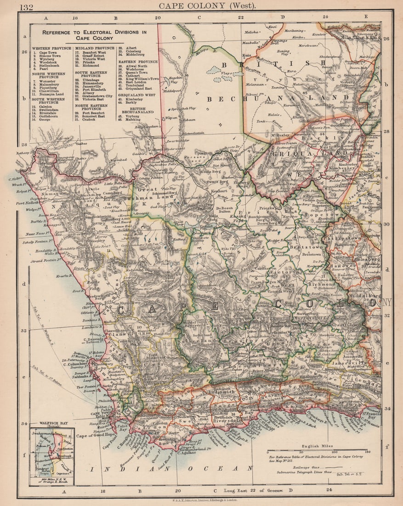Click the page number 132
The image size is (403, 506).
[x=26, y=6]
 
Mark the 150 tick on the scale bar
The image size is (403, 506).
[x=367, y=452]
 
